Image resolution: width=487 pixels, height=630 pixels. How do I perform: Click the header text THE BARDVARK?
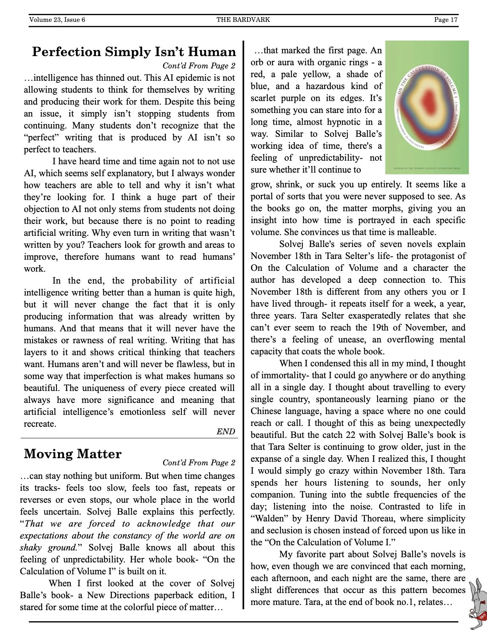[243, 19]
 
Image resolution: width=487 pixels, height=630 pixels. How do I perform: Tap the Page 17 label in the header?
[446, 19]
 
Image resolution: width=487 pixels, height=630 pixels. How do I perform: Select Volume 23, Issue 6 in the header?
[57, 19]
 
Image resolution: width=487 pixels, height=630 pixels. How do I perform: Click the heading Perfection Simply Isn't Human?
[134, 52]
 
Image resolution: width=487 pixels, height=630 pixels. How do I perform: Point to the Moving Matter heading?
[72, 454]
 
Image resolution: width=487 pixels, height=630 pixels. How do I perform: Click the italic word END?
[226, 432]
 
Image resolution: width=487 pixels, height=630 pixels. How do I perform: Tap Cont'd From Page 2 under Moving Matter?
[199, 463]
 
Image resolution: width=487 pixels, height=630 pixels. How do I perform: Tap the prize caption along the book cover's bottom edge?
[427, 169]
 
